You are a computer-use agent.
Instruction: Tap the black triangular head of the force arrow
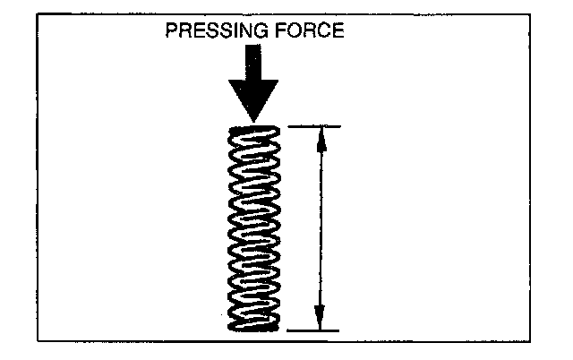(x=253, y=99)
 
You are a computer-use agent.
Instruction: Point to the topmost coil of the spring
(x=254, y=133)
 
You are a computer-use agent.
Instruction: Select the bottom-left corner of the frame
(x=38, y=341)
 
